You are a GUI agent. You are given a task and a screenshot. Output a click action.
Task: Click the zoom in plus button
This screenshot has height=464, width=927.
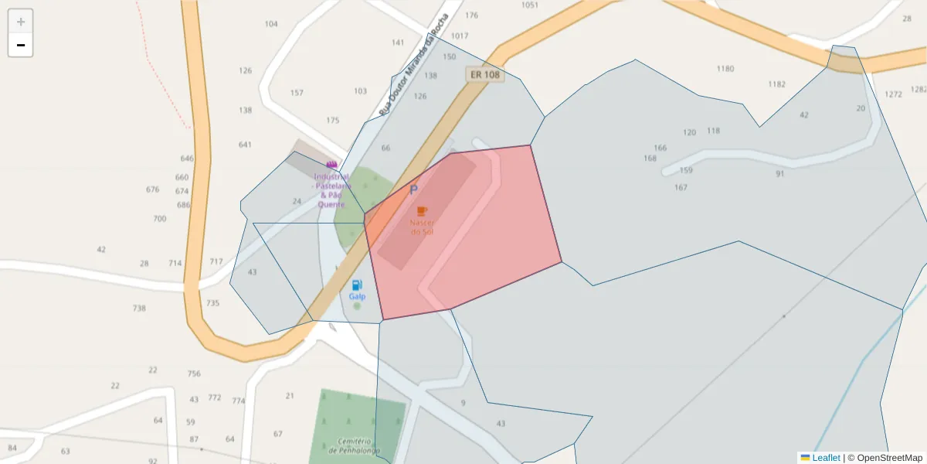point(21,22)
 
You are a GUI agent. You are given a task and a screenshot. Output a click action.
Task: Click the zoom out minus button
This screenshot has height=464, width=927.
point(21,45)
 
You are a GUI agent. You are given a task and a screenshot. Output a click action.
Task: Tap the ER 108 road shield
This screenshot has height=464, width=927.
point(484,75)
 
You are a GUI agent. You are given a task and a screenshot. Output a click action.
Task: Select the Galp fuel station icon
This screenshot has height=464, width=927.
point(356,285)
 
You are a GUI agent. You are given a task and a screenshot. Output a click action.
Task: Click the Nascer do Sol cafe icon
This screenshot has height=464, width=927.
point(422,210)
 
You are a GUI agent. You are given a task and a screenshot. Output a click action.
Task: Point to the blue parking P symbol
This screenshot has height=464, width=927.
point(413,189)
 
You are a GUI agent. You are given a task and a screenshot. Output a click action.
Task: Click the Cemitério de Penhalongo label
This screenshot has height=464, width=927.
point(353,445)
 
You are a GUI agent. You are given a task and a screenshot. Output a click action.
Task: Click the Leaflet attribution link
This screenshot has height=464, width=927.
point(826,458)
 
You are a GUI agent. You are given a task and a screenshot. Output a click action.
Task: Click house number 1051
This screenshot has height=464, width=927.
point(529,5)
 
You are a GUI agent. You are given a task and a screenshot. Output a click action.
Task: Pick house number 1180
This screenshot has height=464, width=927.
point(725,69)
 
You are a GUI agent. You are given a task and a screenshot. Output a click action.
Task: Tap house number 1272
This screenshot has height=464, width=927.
point(893,94)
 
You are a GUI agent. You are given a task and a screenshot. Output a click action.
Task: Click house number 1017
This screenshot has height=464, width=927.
point(460,36)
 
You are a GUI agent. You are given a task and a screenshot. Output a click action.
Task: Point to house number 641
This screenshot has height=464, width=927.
point(245,145)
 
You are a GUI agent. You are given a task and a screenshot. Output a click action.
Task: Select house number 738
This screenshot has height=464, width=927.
point(139,308)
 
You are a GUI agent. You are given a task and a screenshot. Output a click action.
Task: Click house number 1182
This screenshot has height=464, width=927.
point(776,84)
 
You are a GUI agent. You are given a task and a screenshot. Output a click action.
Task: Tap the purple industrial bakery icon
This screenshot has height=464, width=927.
point(332,165)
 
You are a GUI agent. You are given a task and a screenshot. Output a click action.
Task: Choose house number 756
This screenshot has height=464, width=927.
point(194,374)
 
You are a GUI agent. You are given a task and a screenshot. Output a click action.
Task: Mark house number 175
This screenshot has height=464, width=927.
point(333,120)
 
